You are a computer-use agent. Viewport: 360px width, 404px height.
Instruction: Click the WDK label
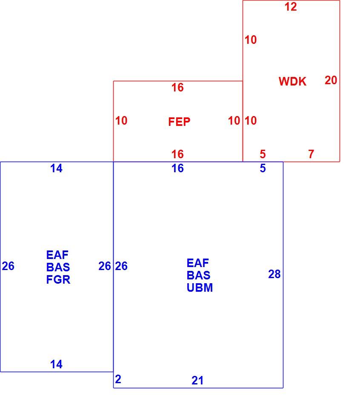(x=292, y=81)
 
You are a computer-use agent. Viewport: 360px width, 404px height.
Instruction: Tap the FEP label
(x=179, y=122)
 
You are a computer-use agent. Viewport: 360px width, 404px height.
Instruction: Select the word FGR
(x=58, y=279)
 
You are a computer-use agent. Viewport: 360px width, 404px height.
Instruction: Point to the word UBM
(x=200, y=287)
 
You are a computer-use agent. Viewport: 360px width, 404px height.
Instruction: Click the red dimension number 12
(x=291, y=7)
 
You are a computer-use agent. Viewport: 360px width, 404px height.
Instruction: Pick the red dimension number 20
(x=331, y=80)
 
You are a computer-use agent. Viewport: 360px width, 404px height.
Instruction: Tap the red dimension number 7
(x=311, y=154)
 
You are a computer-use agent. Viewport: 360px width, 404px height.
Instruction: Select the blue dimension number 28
(x=274, y=274)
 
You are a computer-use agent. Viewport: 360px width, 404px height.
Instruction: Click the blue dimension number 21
(x=197, y=381)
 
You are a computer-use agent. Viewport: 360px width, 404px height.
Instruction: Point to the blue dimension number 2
(x=118, y=379)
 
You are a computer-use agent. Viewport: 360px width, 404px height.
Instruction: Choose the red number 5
(x=263, y=154)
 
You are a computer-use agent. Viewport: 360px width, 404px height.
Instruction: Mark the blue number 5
(x=263, y=168)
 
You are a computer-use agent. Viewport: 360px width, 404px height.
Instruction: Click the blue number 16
(x=178, y=168)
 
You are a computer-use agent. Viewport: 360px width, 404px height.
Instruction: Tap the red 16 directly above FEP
(x=178, y=88)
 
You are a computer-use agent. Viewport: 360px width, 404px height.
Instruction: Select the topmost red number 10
(x=251, y=40)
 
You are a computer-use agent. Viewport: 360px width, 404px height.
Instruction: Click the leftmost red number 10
(x=121, y=121)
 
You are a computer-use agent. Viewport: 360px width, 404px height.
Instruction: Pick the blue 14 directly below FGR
(x=56, y=364)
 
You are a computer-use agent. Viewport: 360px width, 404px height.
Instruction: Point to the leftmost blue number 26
(x=8, y=266)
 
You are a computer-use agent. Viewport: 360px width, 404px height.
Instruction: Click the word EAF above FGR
(x=57, y=255)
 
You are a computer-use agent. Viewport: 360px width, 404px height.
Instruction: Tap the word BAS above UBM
(x=199, y=276)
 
